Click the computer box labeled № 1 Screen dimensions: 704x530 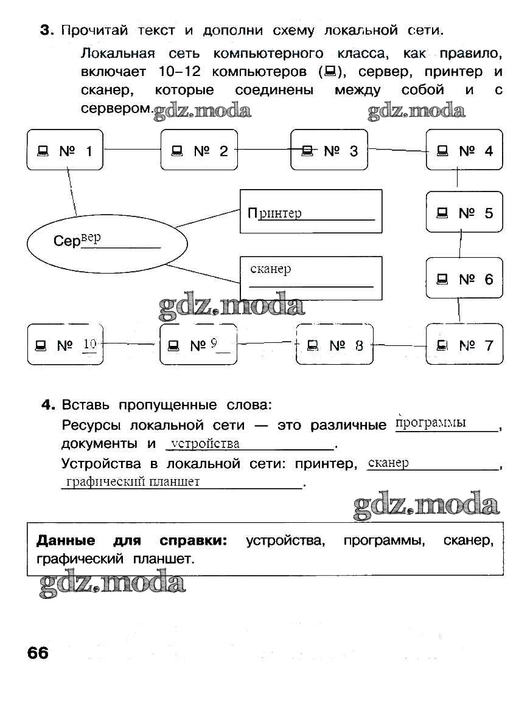coord(65,150)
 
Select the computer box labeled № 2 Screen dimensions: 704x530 coord(198,150)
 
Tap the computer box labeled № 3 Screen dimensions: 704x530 coord(329,150)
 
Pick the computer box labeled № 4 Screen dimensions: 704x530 coord(464,150)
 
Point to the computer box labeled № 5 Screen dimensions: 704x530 coord(464,212)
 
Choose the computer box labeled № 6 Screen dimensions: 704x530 coord(464,278)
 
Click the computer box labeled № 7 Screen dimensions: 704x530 coord(464,345)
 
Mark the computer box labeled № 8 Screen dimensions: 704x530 coord(335,345)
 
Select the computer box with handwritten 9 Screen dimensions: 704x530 coord(198,345)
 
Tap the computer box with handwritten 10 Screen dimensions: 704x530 coord(65,345)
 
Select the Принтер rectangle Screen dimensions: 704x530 coord(311,212)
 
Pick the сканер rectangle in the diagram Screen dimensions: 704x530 coord(311,278)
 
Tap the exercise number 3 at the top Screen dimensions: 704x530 coord(45,30)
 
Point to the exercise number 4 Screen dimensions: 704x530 coord(49,405)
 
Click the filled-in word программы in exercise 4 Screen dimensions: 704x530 coord(431,423)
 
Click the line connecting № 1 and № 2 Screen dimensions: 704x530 coord(131,150)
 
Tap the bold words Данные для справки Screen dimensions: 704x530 coord(131,540)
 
